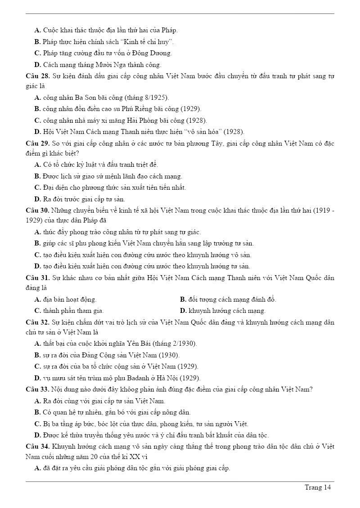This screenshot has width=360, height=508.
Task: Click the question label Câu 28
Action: pos(37,76)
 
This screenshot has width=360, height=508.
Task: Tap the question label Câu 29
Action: pos(37,144)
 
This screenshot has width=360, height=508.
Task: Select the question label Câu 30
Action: pos(37,210)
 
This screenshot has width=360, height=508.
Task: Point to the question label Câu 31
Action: pos(37,278)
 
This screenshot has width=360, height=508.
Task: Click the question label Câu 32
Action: pos(37,322)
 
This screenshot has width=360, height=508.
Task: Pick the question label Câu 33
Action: pos(37,389)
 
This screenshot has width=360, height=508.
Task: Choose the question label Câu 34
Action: pos(37,446)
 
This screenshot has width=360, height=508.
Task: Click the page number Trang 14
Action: pos(318,488)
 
